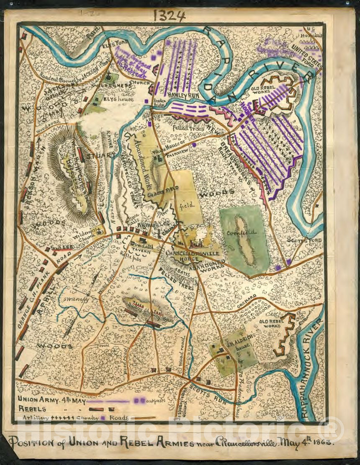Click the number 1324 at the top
(x=169, y=16)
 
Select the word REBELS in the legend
(x=32, y=408)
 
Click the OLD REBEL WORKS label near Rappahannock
(x=270, y=323)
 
